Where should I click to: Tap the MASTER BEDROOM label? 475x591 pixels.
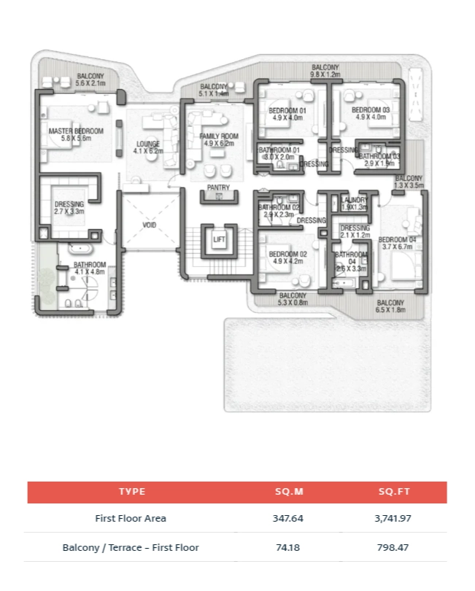(76, 131)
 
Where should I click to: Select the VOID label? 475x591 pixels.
(149, 225)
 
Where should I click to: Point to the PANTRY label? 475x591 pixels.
(218, 188)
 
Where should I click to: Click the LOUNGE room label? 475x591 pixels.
(147, 144)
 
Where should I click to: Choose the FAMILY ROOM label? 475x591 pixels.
(219, 136)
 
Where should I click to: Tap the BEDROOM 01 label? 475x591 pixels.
(287, 110)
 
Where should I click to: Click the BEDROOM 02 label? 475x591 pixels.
(287, 255)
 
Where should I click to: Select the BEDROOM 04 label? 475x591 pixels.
(397, 239)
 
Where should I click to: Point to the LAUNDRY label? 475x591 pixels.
(354, 200)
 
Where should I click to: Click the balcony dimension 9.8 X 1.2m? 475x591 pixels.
(325, 74)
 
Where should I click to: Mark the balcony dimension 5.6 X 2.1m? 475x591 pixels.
(90, 84)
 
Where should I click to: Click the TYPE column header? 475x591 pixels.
(131, 492)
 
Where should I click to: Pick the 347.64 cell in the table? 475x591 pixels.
(287, 519)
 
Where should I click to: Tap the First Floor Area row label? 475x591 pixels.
(131, 519)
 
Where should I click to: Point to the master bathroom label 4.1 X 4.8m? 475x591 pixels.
(90, 272)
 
